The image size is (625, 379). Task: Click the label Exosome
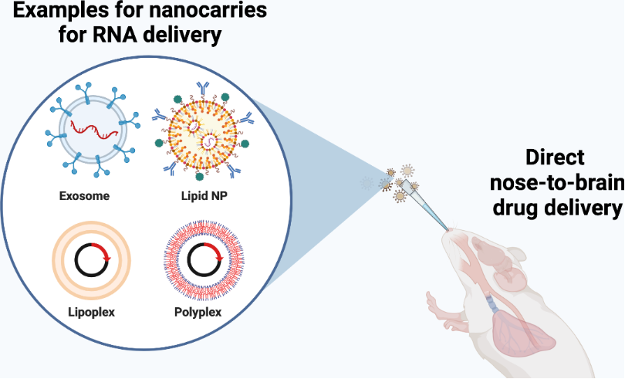pyautogui.click(x=84, y=196)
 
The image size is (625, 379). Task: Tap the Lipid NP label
pyautogui.click(x=204, y=196)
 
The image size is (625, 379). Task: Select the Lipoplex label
pyautogui.click(x=91, y=312)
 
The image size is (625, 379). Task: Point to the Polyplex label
pyautogui.click(x=198, y=312)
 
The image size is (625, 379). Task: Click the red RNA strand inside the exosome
pyautogui.click(x=94, y=130)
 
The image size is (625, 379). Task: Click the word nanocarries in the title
pyautogui.click(x=211, y=10)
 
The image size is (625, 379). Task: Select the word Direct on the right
pyautogui.click(x=555, y=157)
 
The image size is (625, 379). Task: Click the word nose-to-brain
pyautogui.click(x=557, y=183)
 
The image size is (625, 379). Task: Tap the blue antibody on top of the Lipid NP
pyautogui.click(x=202, y=89)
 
